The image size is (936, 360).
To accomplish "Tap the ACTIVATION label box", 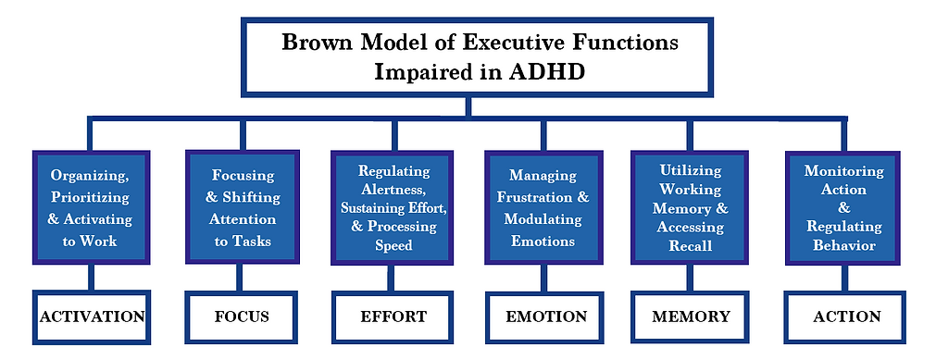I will click(x=91, y=317).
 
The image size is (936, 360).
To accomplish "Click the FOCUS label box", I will click(x=242, y=317).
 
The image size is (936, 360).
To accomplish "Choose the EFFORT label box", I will click(x=393, y=317).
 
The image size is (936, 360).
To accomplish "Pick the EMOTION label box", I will click(x=546, y=317).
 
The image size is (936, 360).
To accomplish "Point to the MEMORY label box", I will click(x=691, y=317).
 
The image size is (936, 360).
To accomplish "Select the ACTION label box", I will click(x=846, y=317).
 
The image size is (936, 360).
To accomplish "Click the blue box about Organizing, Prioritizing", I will click(x=91, y=207).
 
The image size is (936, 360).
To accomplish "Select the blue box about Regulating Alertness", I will click(x=393, y=207).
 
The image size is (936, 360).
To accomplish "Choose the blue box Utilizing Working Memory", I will click(x=691, y=207).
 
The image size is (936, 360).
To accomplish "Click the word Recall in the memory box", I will click(x=691, y=246).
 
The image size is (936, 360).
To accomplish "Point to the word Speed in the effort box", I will click(x=394, y=246).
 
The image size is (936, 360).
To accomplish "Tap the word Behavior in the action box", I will click(x=843, y=245).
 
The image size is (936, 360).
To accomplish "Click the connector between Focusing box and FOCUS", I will click(x=243, y=278).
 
